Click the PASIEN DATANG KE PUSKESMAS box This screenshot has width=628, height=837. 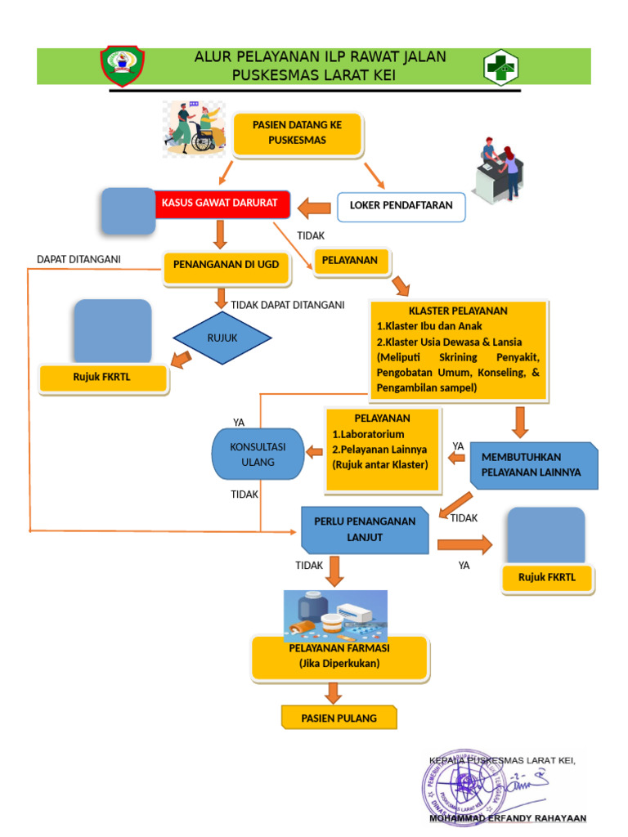[x=297, y=134]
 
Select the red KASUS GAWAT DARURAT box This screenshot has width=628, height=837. [x=221, y=204]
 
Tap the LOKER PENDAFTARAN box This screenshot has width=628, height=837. [x=401, y=207]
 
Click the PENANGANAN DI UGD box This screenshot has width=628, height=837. [x=226, y=266]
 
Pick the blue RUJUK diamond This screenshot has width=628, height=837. [x=222, y=338]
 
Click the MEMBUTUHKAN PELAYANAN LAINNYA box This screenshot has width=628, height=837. [x=532, y=466]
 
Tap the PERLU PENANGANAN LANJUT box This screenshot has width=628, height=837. [x=365, y=530]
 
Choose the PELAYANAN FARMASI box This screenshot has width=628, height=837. [x=339, y=657]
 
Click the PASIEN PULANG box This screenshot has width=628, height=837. [x=339, y=718]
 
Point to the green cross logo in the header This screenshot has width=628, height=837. [x=501, y=67]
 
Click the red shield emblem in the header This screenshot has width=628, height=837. [x=123, y=66]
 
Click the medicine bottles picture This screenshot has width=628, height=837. [x=335, y=615]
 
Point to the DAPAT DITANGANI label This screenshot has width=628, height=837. [x=78, y=260]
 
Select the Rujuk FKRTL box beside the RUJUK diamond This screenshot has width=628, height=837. [x=104, y=378]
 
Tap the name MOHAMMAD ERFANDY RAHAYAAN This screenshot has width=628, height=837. [x=507, y=818]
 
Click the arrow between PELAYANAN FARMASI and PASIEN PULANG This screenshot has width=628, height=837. [x=332, y=692]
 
